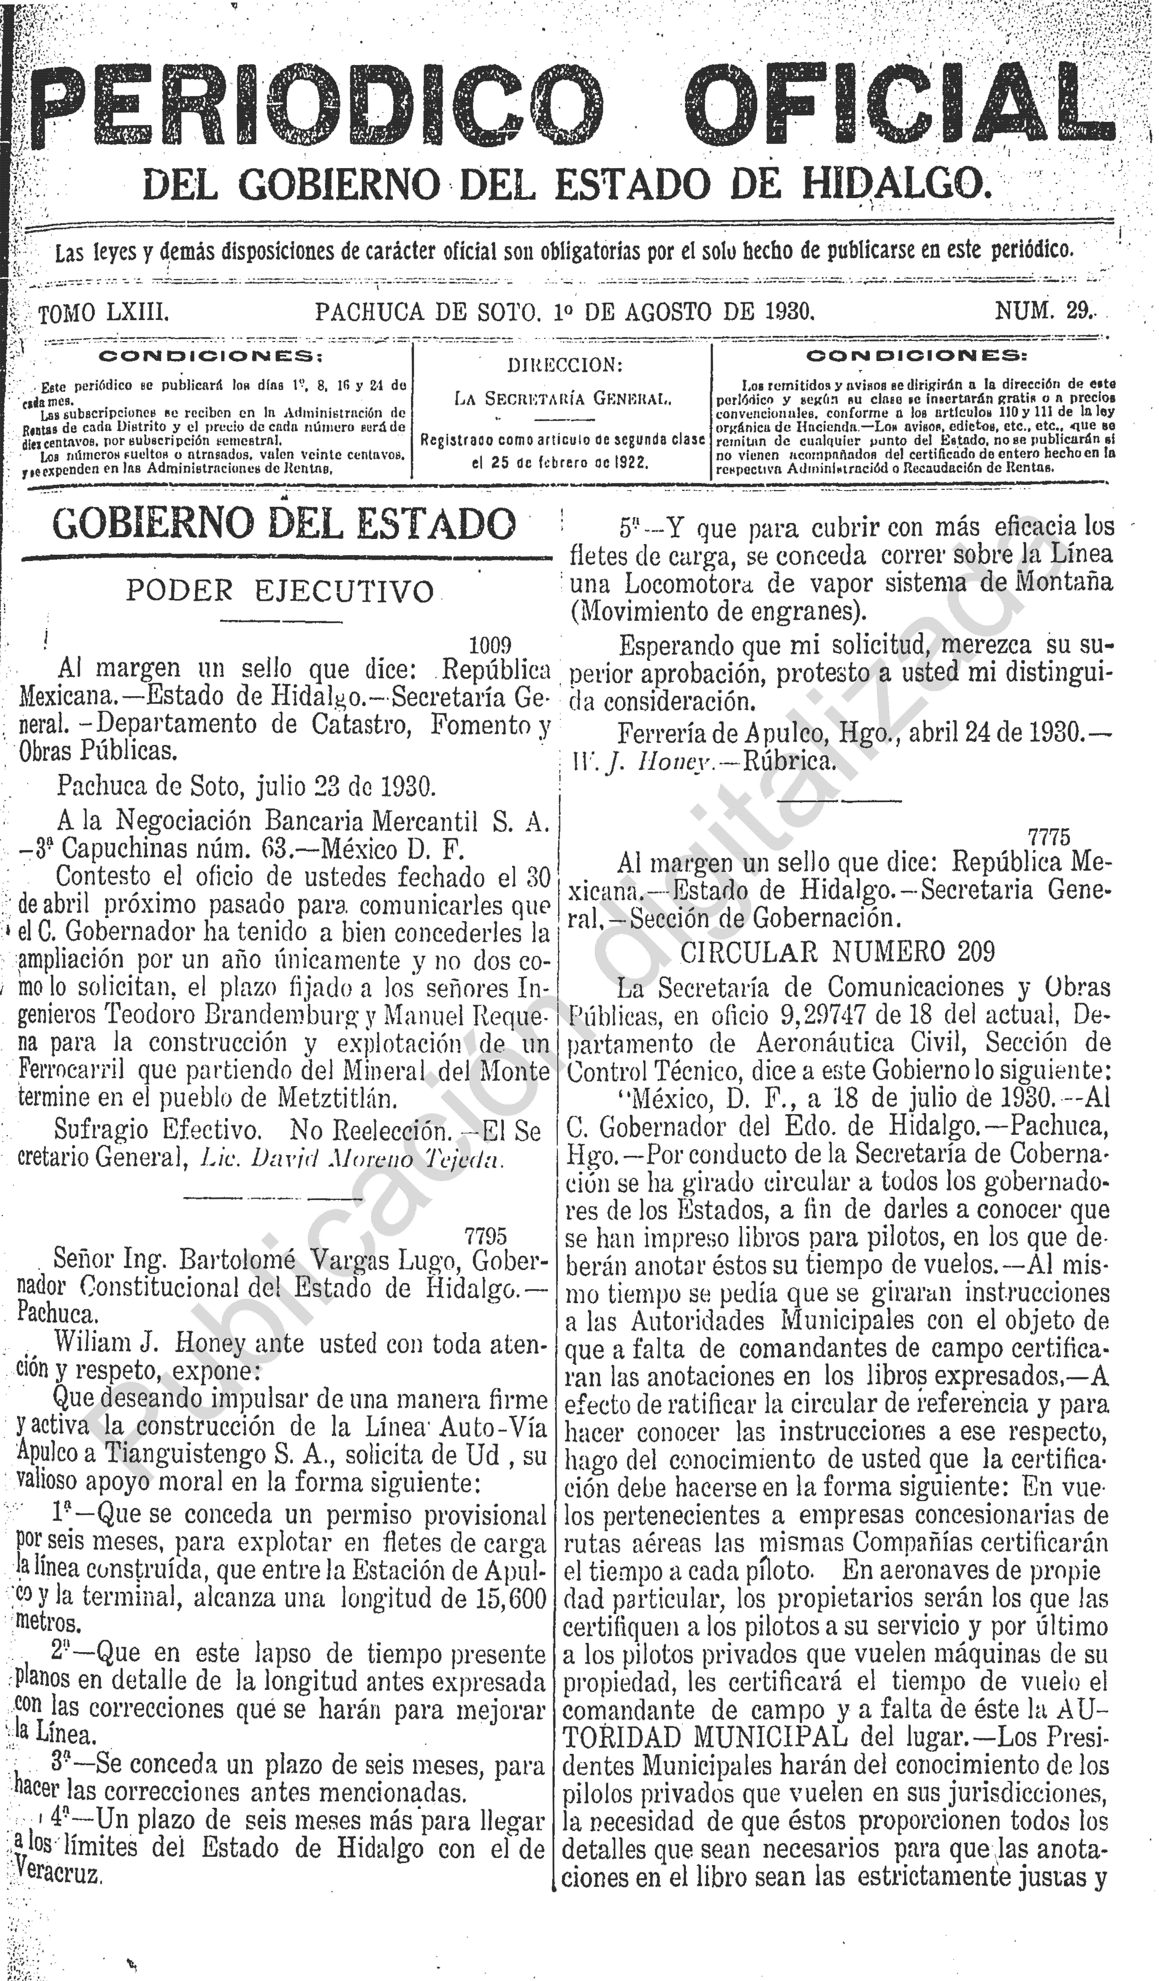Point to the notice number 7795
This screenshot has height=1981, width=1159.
coord(486,1237)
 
